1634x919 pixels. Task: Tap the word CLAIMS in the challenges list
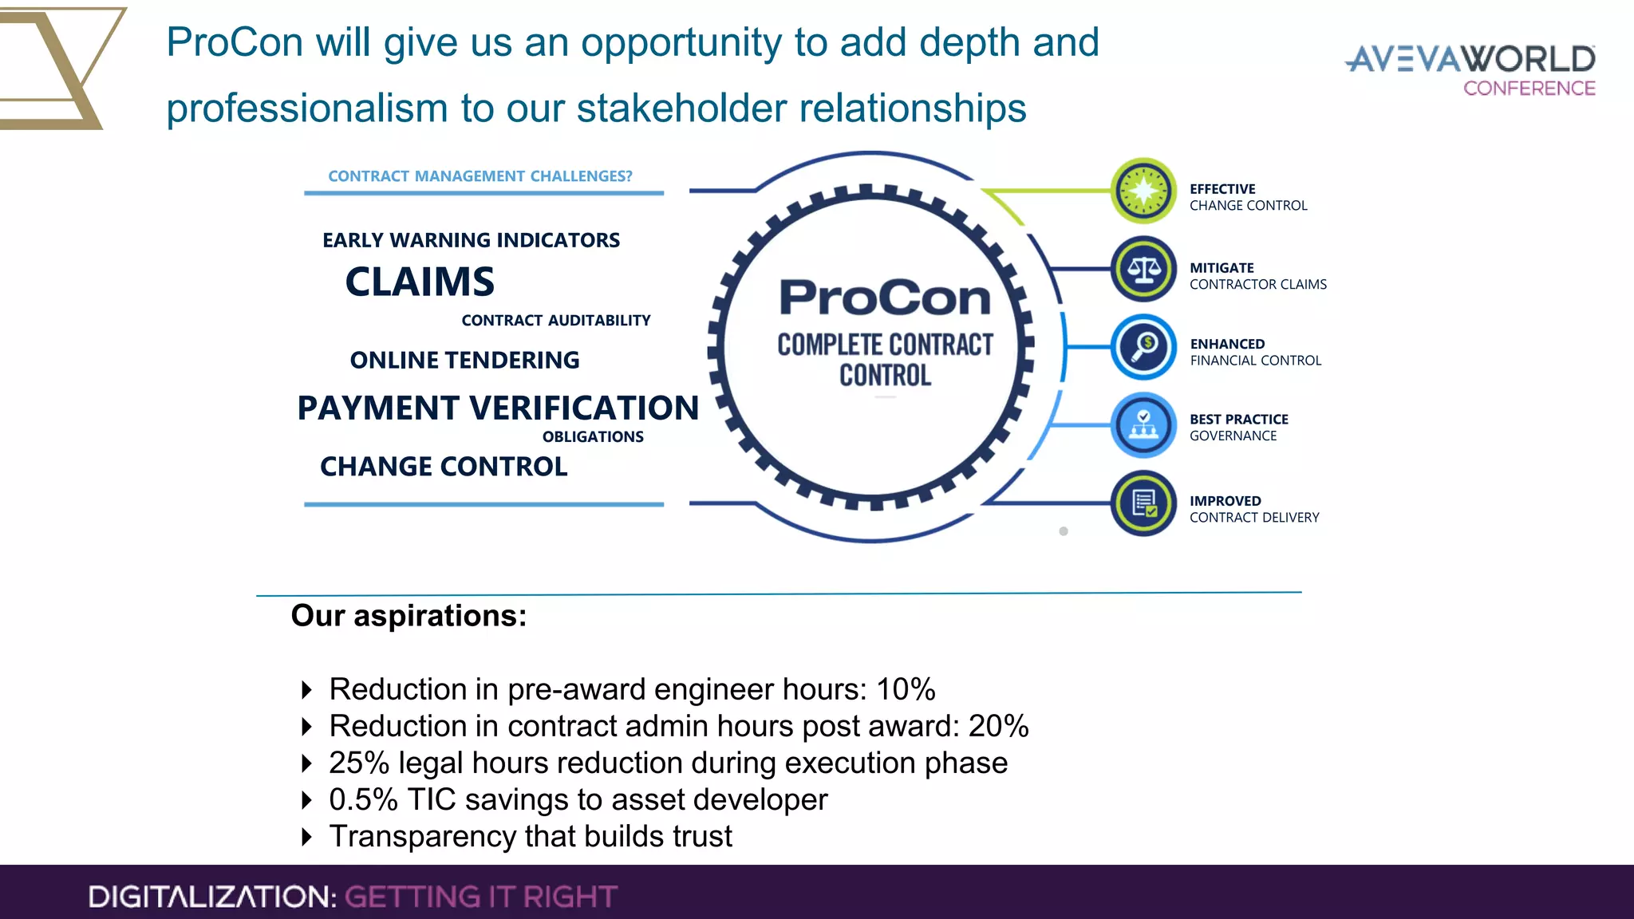tap(420, 282)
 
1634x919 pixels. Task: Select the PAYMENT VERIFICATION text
tap(498, 408)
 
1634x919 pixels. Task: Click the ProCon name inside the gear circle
tap(885, 298)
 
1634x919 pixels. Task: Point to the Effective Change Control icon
tap(1143, 191)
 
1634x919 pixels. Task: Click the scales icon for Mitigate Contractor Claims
tap(1143, 269)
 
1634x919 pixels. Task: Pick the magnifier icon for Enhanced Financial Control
tap(1143, 347)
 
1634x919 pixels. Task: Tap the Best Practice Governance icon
tap(1143, 425)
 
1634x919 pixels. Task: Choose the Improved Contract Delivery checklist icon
tap(1143, 503)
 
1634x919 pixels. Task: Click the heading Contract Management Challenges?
tap(480, 176)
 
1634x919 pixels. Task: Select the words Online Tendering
tap(464, 360)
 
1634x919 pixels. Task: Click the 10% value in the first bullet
tap(906, 689)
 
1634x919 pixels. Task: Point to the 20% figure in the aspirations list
tap(998, 726)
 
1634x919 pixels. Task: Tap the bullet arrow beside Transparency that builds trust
tap(306, 837)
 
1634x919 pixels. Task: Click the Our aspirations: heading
tap(408, 616)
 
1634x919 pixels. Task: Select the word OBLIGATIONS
tap(593, 436)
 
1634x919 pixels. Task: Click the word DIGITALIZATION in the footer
tap(211, 897)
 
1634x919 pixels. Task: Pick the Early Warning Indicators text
tap(471, 240)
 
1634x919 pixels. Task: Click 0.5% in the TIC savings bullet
tap(363, 799)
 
